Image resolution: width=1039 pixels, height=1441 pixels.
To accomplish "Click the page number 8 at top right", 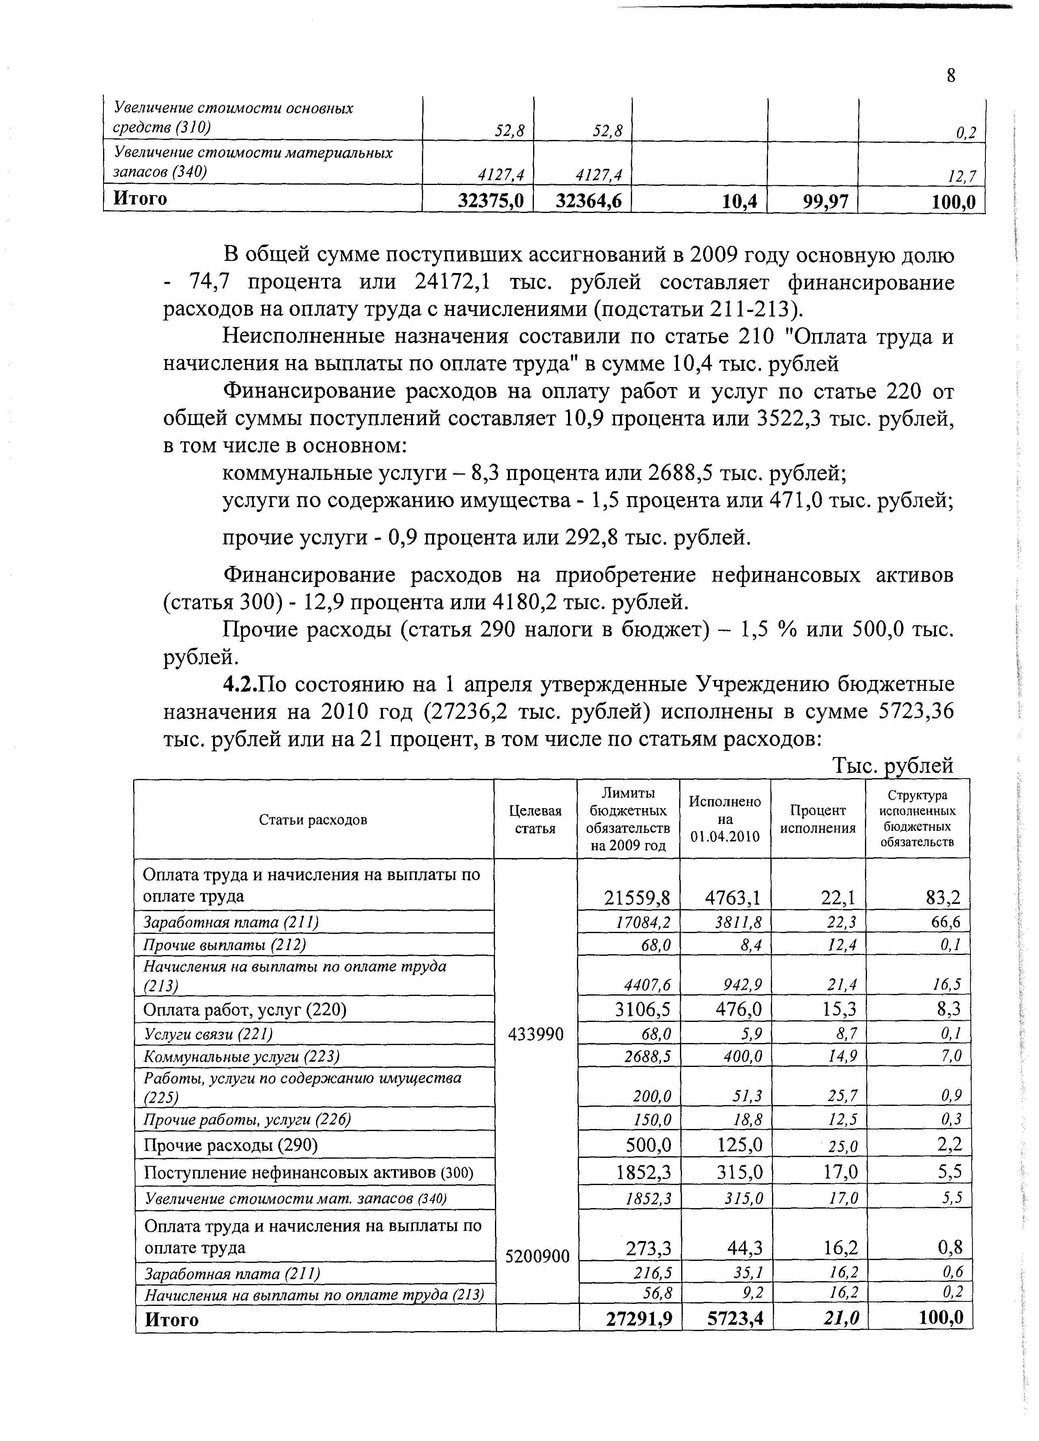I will (x=950, y=75).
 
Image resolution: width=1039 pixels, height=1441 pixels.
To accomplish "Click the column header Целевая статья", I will (x=535, y=819).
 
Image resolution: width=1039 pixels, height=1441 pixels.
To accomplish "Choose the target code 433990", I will (x=536, y=1035).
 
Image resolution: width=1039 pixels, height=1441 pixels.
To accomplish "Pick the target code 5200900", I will (x=537, y=1256).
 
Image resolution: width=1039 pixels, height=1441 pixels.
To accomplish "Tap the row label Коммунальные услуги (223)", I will (x=241, y=1056).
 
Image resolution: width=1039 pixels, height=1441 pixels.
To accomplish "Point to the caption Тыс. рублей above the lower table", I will (x=892, y=766).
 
